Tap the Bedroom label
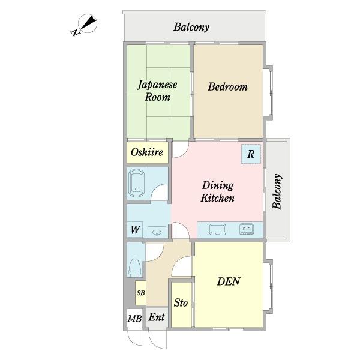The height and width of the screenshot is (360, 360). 227,87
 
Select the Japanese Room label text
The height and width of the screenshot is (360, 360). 157,91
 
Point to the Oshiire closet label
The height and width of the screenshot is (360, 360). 147,152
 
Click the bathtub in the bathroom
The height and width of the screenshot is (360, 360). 136,183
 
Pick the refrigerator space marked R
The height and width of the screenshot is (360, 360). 251,154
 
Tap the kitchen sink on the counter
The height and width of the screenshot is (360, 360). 217,229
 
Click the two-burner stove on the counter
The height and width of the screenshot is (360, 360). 247,229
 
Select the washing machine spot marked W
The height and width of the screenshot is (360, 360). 135,229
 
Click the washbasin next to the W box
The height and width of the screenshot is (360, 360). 157,232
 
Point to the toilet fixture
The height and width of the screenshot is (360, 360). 134,268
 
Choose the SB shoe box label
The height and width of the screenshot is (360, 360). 141,293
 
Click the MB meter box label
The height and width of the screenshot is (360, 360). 135,319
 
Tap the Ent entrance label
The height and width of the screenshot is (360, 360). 157,317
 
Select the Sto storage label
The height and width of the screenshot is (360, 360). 181,302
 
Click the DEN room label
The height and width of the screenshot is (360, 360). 229,281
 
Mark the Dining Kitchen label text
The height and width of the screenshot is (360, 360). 218,192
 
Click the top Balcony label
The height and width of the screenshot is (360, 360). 191,28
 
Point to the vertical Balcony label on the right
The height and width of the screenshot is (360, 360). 277,191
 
